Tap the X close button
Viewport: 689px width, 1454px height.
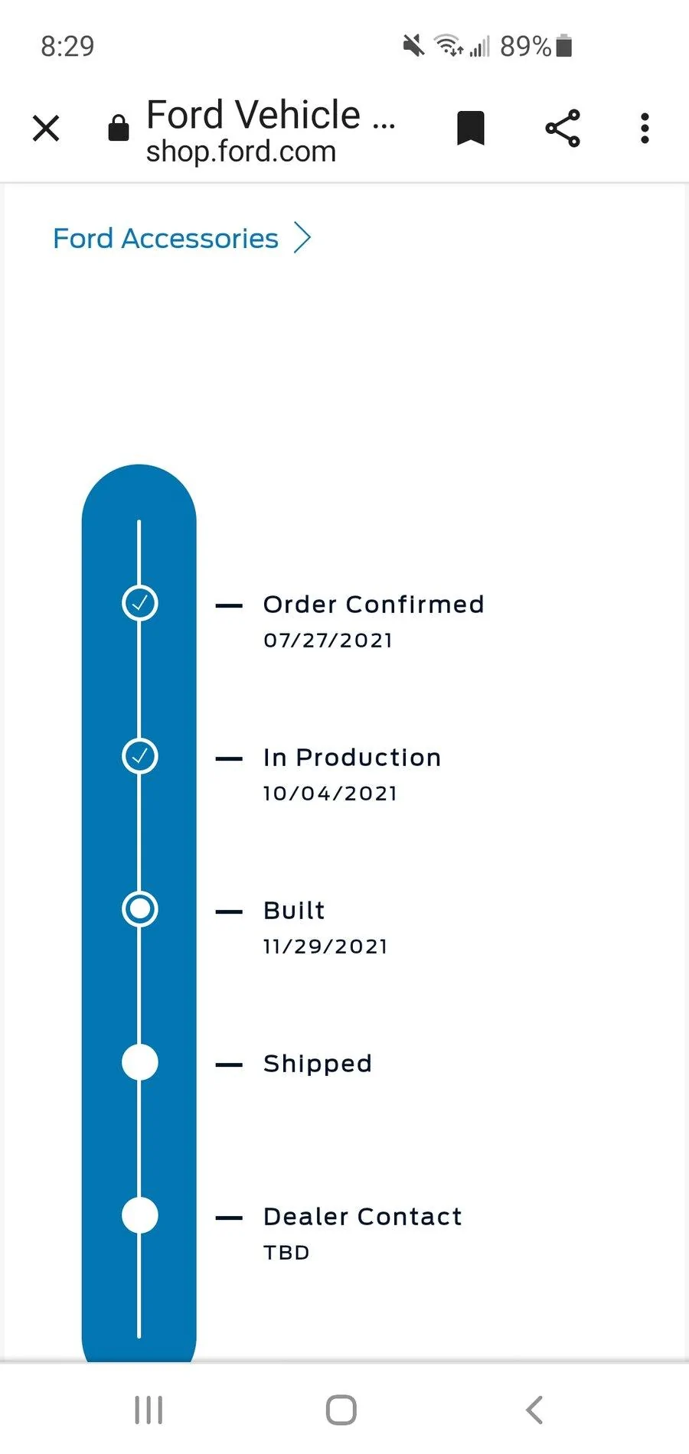[x=46, y=129]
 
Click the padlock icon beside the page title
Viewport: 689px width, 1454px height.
[x=119, y=128]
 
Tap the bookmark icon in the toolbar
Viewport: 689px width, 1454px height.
[x=471, y=128]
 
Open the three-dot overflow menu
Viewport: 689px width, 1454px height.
[x=645, y=128]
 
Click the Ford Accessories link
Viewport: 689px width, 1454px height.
[x=165, y=239]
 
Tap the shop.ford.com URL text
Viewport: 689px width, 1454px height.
[x=241, y=152]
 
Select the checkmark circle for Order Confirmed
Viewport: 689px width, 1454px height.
[x=140, y=603]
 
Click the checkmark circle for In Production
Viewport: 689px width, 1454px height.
[x=140, y=756]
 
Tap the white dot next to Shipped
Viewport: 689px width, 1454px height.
[x=140, y=1062]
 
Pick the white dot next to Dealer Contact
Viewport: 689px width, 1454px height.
[x=140, y=1215]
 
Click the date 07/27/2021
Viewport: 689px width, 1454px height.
[x=328, y=641]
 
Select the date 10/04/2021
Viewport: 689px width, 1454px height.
[x=330, y=794]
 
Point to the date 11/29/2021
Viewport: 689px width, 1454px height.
[x=325, y=947]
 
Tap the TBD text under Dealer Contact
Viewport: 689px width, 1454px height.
[x=286, y=1253]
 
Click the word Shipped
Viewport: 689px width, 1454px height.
[x=318, y=1064]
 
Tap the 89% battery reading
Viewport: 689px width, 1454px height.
[x=526, y=47]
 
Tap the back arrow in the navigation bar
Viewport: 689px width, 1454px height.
[x=534, y=1410]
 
